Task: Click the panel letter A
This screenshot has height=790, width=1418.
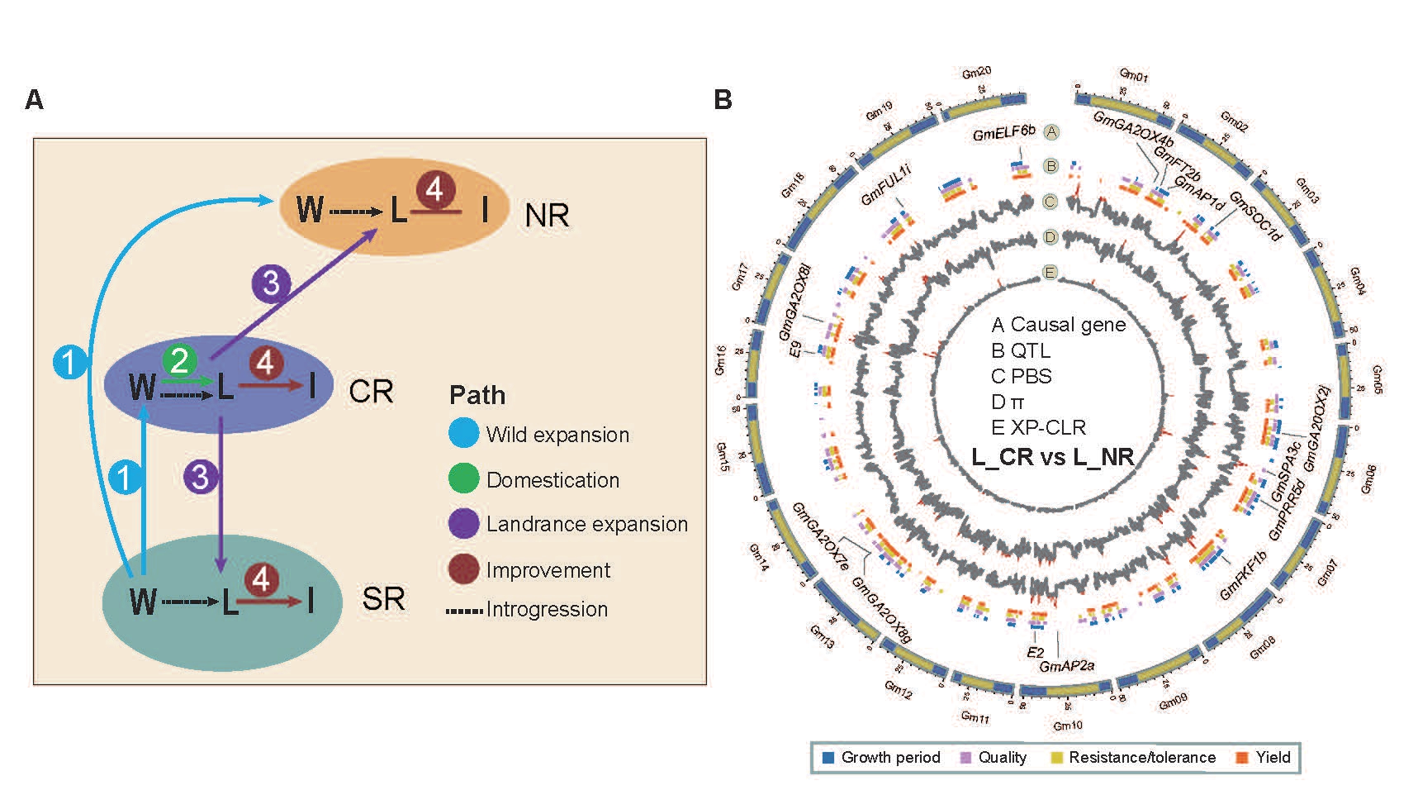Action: coord(34,100)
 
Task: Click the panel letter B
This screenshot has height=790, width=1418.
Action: coord(723,100)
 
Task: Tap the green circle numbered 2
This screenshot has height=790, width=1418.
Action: coord(179,360)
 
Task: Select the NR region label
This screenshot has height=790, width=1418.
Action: coord(547,216)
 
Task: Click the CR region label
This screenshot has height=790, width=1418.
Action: coord(371,391)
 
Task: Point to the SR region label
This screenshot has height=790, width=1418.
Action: coord(383,599)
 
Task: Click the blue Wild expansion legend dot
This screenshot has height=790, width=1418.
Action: coord(463,434)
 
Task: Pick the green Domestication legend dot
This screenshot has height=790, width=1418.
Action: coord(463,479)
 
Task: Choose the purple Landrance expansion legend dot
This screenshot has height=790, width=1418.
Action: coord(463,524)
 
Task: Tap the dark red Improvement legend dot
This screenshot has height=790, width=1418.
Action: coord(463,569)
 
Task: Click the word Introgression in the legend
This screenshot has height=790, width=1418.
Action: coord(547,610)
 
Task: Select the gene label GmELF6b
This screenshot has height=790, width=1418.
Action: coord(1003,133)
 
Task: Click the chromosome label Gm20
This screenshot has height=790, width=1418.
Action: coord(976,74)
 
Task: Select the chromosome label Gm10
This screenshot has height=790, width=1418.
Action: coord(1067,726)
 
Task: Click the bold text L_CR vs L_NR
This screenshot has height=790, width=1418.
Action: coord(1052,457)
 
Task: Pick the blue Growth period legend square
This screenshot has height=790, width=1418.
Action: coord(828,758)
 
